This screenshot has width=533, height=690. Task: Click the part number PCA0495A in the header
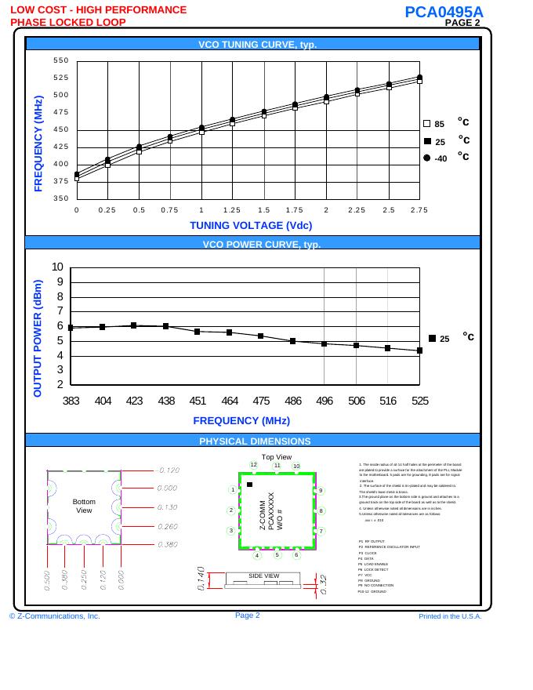444,12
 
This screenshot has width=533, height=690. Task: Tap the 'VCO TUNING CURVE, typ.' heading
252,45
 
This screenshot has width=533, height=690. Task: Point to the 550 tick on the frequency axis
61,61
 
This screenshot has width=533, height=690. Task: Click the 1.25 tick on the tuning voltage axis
231,210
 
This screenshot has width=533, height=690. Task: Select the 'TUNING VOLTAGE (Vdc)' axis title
251,225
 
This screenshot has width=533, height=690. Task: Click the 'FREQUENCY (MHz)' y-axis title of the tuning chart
38,143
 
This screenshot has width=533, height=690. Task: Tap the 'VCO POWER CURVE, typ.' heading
252,244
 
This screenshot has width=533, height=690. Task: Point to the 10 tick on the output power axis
57,267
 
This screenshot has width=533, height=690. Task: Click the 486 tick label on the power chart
293,400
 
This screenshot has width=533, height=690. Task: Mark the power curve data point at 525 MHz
420,350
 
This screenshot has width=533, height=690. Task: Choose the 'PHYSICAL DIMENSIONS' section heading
255,441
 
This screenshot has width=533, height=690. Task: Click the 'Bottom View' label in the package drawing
84,506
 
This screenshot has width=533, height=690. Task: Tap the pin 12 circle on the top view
253,464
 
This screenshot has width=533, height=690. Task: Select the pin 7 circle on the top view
321,532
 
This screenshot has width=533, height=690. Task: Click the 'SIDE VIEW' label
264,576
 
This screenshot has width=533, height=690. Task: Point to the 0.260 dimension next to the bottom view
169,526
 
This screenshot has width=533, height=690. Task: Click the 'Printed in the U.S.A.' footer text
450,616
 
